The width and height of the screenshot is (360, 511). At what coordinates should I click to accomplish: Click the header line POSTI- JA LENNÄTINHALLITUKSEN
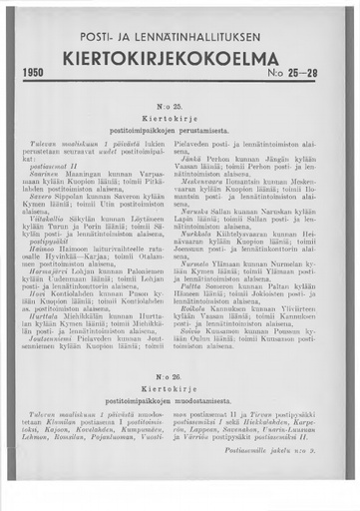pos(180,37)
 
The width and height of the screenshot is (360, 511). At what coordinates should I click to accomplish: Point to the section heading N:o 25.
pos(180,104)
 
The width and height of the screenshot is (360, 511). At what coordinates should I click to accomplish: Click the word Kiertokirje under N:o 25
pos(180,118)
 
